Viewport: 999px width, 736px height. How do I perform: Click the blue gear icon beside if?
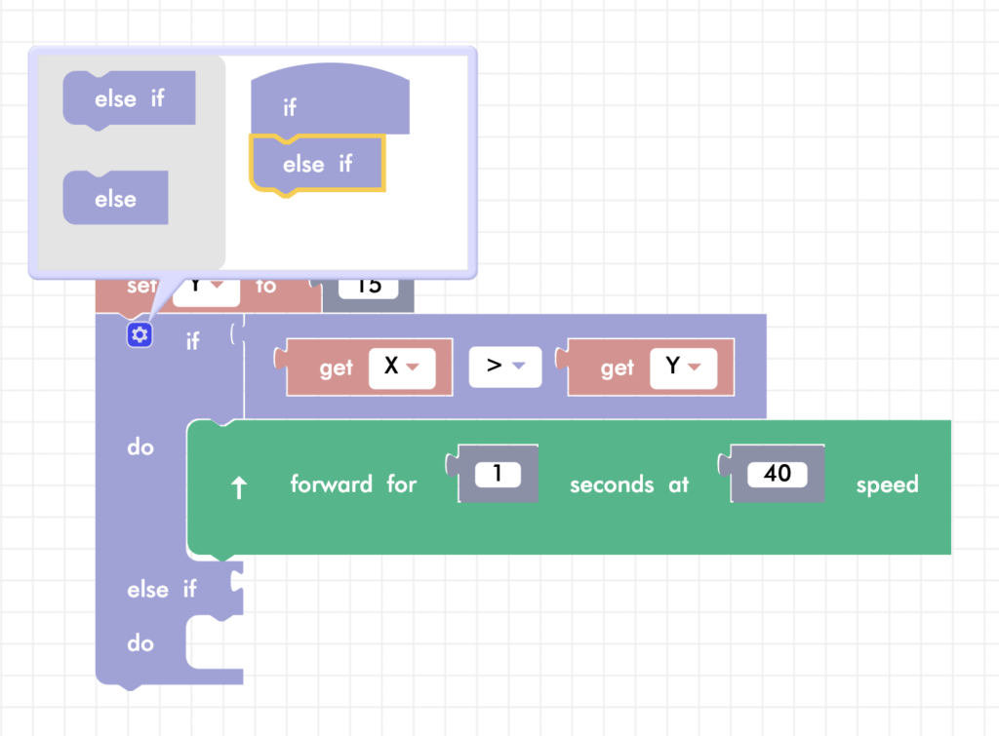point(140,335)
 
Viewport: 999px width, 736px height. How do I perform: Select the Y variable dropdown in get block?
point(683,368)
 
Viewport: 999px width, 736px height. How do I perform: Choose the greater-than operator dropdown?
point(504,368)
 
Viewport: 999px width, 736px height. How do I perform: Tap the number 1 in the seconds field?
point(498,475)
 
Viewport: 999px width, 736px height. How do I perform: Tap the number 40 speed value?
point(777,475)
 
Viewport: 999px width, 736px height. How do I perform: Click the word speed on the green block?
point(887,484)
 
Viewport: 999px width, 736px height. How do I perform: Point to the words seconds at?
point(629,484)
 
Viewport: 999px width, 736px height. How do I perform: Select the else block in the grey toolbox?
point(115,199)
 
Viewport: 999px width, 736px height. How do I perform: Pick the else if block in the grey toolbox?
point(129,99)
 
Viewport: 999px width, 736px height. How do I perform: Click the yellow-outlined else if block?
point(317,164)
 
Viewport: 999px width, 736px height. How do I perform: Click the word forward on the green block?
point(331,484)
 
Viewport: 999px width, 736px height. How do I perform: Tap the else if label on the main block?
point(161,590)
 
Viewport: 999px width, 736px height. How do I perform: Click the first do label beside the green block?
point(140,447)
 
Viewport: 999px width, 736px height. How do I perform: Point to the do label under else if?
point(140,643)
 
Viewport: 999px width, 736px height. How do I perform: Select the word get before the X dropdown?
point(336,368)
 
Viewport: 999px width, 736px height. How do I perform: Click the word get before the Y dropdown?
point(617,368)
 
